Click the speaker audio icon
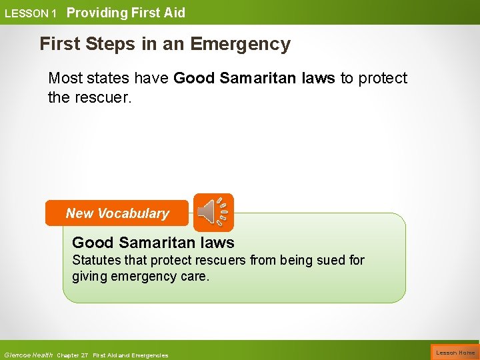click(x=213, y=212)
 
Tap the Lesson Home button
click(x=455, y=352)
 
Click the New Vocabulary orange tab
click(x=117, y=213)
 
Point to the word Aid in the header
click(x=174, y=13)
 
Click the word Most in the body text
click(x=65, y=78)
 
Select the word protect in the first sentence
click(x=382, y=78)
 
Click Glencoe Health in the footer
click(x=28, y=355)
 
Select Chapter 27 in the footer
click(x=73, y=355)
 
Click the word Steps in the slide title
click(x=106, y=44)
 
